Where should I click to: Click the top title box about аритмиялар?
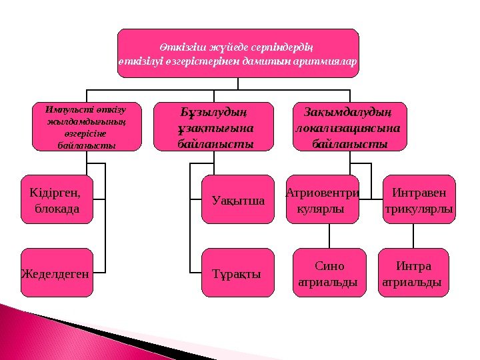[238, 53]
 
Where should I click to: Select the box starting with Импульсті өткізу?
[87, 126]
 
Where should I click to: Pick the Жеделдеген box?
[57, 272]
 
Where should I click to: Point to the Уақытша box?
[237, 199]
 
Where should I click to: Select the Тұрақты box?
[237, 273]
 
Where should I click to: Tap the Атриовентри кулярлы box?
[322, 199]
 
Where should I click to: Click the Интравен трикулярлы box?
[419, 199]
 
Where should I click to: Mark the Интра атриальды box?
[413, 273]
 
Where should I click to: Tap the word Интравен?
[419, 193]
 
